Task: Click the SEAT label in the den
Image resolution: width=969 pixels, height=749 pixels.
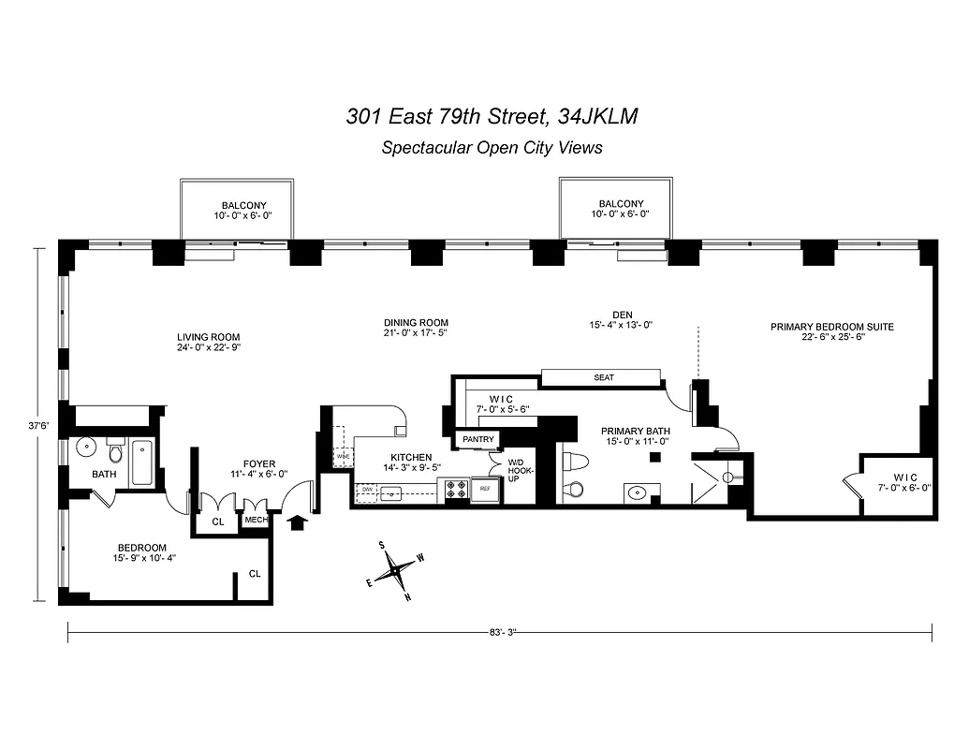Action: coord(604,377)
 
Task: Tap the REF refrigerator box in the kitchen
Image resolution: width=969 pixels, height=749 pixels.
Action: coord(485,489)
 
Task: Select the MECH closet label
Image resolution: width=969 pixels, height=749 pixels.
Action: coord(256,520)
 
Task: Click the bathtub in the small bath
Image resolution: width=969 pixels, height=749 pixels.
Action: coord(142,463)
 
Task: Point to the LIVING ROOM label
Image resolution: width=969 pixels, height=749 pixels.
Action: coord(209,338)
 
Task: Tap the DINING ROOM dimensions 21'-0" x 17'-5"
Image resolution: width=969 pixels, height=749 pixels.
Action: coord(416,333)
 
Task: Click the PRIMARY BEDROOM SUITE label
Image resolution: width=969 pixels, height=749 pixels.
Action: coord(831,327)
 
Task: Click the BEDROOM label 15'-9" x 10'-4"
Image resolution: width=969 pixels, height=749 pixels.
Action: coord(141,548)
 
